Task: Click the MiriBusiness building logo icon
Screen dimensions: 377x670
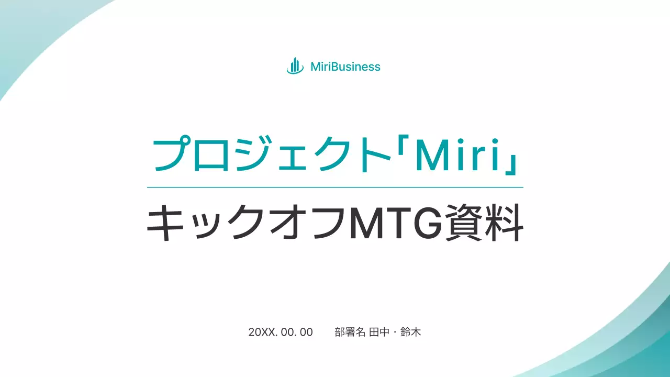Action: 295,66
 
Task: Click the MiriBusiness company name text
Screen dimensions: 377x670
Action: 345,66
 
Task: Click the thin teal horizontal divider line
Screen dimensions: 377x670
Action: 335,187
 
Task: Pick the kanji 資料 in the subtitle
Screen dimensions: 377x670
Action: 484,224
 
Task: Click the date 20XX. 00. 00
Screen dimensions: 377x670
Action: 281,332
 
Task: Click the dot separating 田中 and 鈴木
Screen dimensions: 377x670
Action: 395,332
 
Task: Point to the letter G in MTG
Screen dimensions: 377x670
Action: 425,224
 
